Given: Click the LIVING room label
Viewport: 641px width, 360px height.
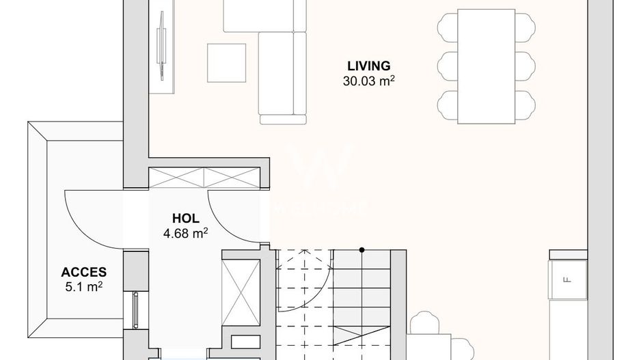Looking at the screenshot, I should [x=368, y=66].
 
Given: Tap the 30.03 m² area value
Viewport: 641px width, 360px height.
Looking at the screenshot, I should [x=369, y=81].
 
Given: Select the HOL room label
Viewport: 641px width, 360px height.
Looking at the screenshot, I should [x=185, y=219].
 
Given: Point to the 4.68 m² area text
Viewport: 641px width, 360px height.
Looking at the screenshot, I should [x=185, y=234].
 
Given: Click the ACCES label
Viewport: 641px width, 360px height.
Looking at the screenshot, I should [x=83, y=273].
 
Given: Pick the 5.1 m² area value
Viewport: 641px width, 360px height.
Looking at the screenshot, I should [x=83, y=286].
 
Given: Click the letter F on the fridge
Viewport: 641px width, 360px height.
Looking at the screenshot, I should [x=566, y=279].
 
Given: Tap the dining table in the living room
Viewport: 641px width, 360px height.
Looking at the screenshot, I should [x=487, y=66].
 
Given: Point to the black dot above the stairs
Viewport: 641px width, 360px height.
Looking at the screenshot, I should [x=362, y=250].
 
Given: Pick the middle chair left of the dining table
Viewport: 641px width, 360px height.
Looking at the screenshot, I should [x=446, y=66].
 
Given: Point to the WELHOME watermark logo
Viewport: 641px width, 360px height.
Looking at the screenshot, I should [x=321, y=181].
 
